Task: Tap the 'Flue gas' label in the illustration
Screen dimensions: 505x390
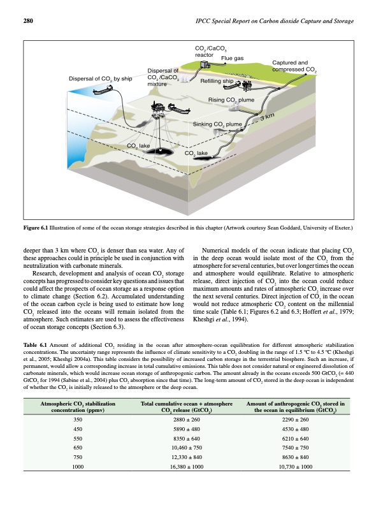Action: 232,59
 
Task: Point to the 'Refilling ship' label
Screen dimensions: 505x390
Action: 217,82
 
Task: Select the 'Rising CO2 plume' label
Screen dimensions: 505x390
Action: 231,100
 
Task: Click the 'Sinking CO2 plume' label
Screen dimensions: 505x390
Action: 217,123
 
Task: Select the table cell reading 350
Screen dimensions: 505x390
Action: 78,420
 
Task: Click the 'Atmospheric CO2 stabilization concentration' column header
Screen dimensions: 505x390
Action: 78,406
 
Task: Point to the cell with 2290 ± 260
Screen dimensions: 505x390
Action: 294,420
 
